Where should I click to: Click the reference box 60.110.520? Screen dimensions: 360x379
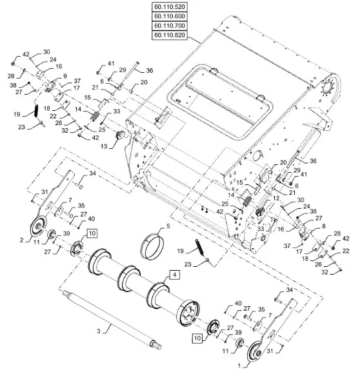pyautogui.click(x=170, y=6)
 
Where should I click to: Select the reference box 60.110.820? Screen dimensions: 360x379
pyautogui.click(x=170, y=35)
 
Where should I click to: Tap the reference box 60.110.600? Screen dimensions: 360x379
pyautogui.click(x=170, y=16)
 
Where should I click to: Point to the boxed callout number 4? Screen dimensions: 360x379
pyautogui.click(x=175, y=275)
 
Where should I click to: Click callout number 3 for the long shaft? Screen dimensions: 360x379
pyautogui.click(x=99, y=331)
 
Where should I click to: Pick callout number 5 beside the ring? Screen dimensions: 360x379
pyautogui.click(x=168, y=226)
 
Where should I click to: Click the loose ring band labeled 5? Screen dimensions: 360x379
pyautogui.click(x=152, y=246)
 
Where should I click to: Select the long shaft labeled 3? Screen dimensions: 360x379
pyautogui.click(x=112, y=320)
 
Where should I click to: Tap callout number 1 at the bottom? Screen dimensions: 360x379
pyautogui.click(x=239, y=366)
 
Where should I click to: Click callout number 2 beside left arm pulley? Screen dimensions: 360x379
pyautogui.click(x=22, y=240)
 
